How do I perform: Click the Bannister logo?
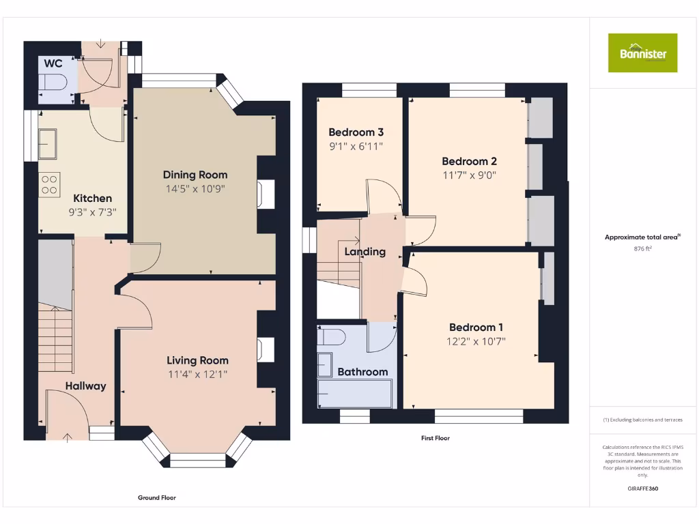(x=642, y=53)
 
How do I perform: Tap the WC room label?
(x=53, y=63)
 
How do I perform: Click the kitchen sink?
(x=48, y=144)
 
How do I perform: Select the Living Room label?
(x=198, y=360)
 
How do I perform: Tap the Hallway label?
(x=86, y=386)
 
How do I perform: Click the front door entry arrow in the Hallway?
(x=68, y=437)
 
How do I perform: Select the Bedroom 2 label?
(x=469, y=162)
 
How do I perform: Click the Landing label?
(x=365, y=252)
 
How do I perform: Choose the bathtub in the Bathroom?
(x=355, y=394)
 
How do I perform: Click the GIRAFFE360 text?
(x=643, y=489)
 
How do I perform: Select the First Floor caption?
(x=435, y=438)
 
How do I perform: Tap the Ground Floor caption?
(x=157, y=498)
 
